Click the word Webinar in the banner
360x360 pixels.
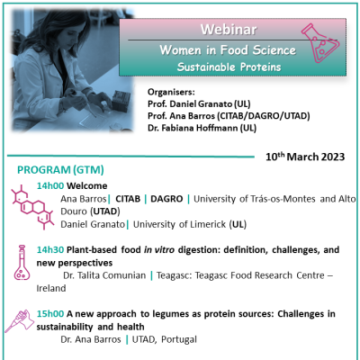229,30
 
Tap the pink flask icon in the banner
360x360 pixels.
320,43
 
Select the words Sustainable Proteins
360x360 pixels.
229,67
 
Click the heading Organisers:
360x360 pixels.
171,92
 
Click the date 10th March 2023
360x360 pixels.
305,157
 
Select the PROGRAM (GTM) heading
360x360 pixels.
60,170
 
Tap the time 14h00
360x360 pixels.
50,185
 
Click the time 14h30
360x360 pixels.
50,249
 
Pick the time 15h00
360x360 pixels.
50,314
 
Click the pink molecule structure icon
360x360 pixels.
32,207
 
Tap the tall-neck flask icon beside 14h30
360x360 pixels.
22,263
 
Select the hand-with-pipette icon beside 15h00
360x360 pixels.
19,321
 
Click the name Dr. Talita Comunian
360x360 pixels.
104,275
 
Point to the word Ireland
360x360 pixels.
51,288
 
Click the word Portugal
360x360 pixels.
179,339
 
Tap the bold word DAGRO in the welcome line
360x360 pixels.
166,199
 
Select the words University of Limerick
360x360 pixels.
179,224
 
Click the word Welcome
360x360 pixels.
87,185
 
